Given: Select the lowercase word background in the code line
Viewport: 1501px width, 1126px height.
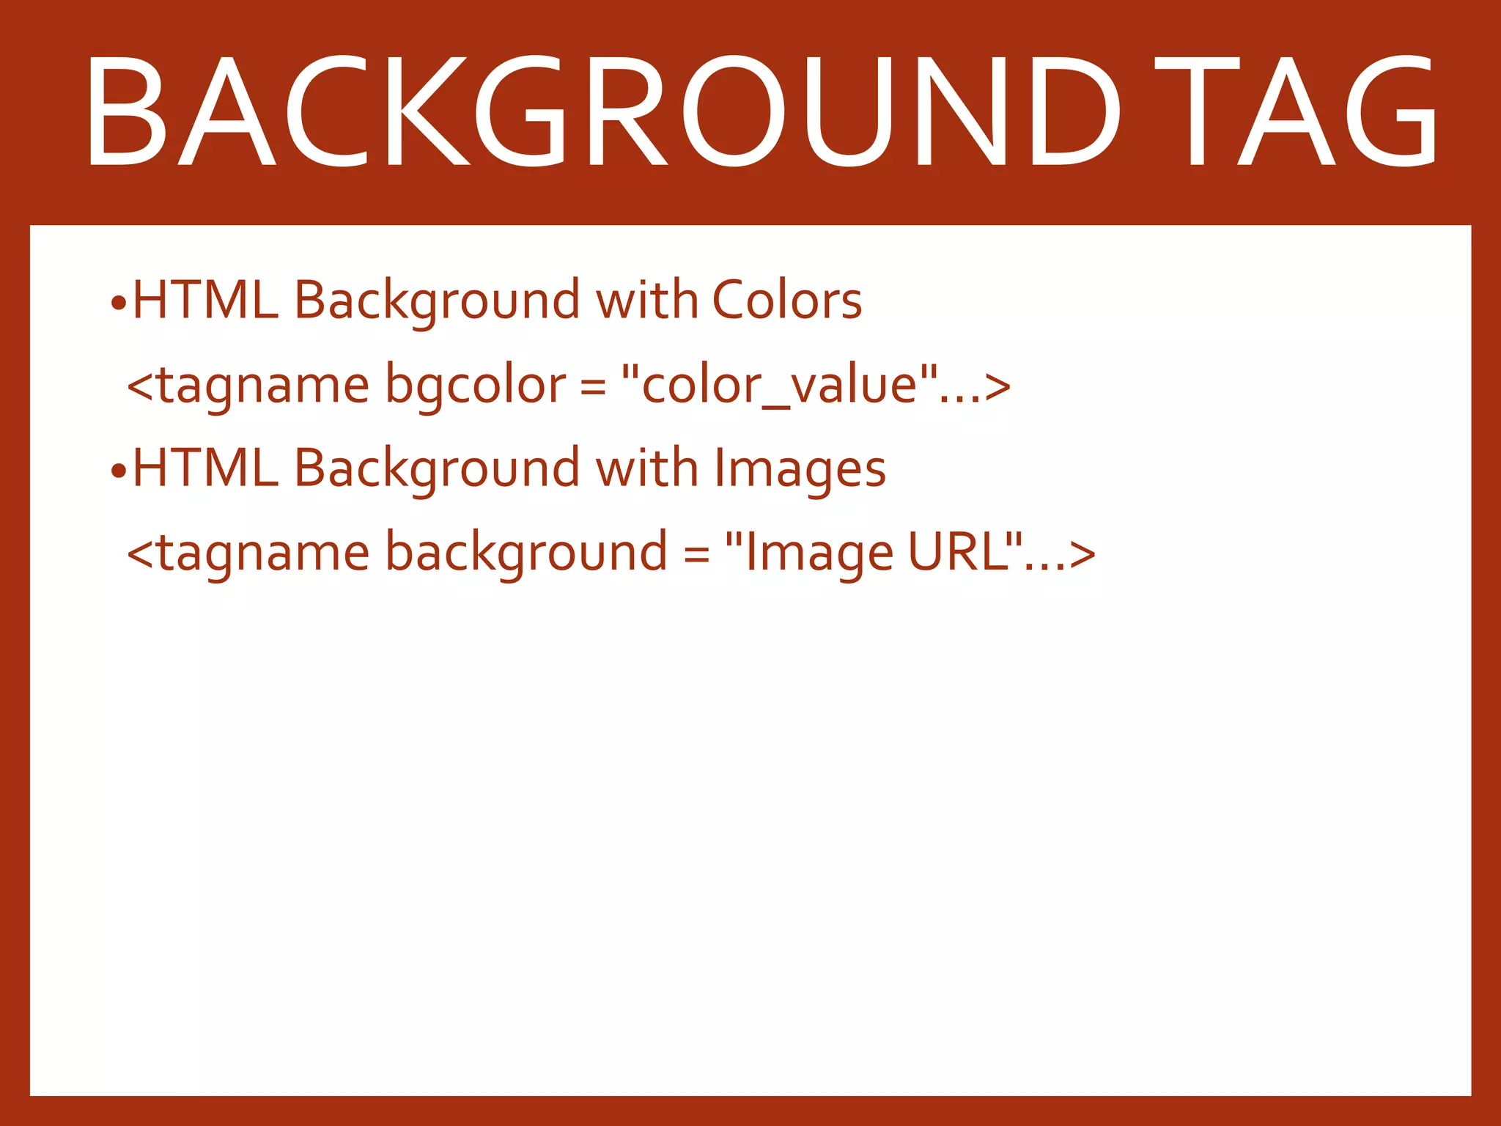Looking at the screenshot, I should pyautogui.click(x=525, y=553).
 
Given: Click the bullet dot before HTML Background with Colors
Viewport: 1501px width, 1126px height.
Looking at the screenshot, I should pyautogui.click(x=119, y=303).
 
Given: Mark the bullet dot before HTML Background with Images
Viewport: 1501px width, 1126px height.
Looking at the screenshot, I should pyautogui.click(x=119, y=471).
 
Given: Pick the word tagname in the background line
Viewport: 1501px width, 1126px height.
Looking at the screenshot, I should pyautogui.click(x=263, y=553).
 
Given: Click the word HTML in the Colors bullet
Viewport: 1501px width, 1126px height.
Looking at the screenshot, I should pyautogui.click(x=206, y=301).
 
